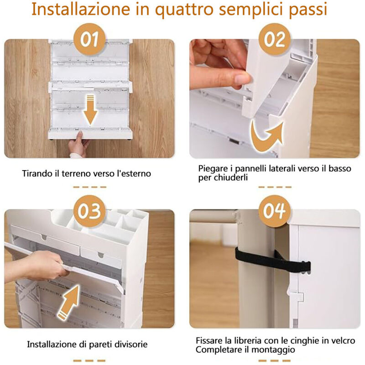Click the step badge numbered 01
click(90, 40)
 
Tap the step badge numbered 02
click(275, 40)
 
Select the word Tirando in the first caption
click(36, 174)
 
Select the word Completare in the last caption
click(217, 349)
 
